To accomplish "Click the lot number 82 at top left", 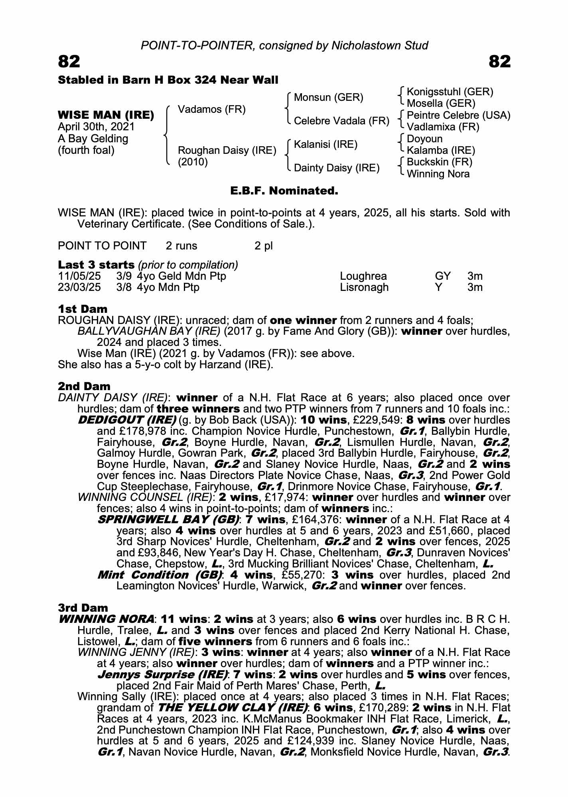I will [x=69, y=62].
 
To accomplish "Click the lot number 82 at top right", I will [x=499, y=62].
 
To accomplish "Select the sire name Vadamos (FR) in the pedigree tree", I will [x=211, y=109].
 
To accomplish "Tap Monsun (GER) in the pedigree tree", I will [x=328, y=97].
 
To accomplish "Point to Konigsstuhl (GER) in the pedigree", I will [x=450, y=92].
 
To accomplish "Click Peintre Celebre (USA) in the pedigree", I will [x=458, y=115].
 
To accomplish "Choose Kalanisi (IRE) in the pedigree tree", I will [x=325, y=144].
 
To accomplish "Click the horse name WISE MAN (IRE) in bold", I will [x=106, y=115].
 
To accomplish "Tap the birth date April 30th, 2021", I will [x=96, y=127].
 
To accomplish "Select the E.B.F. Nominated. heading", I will [x=284, y=191].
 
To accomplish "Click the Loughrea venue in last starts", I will [x=363, y=276].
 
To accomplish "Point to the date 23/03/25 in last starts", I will [x=79, y=287].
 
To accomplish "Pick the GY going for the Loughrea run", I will [x=443, y=276].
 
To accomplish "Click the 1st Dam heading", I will [x=83, y=309].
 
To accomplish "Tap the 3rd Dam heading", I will [x=83, y=608].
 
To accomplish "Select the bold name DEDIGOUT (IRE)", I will [x=127, y=420].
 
